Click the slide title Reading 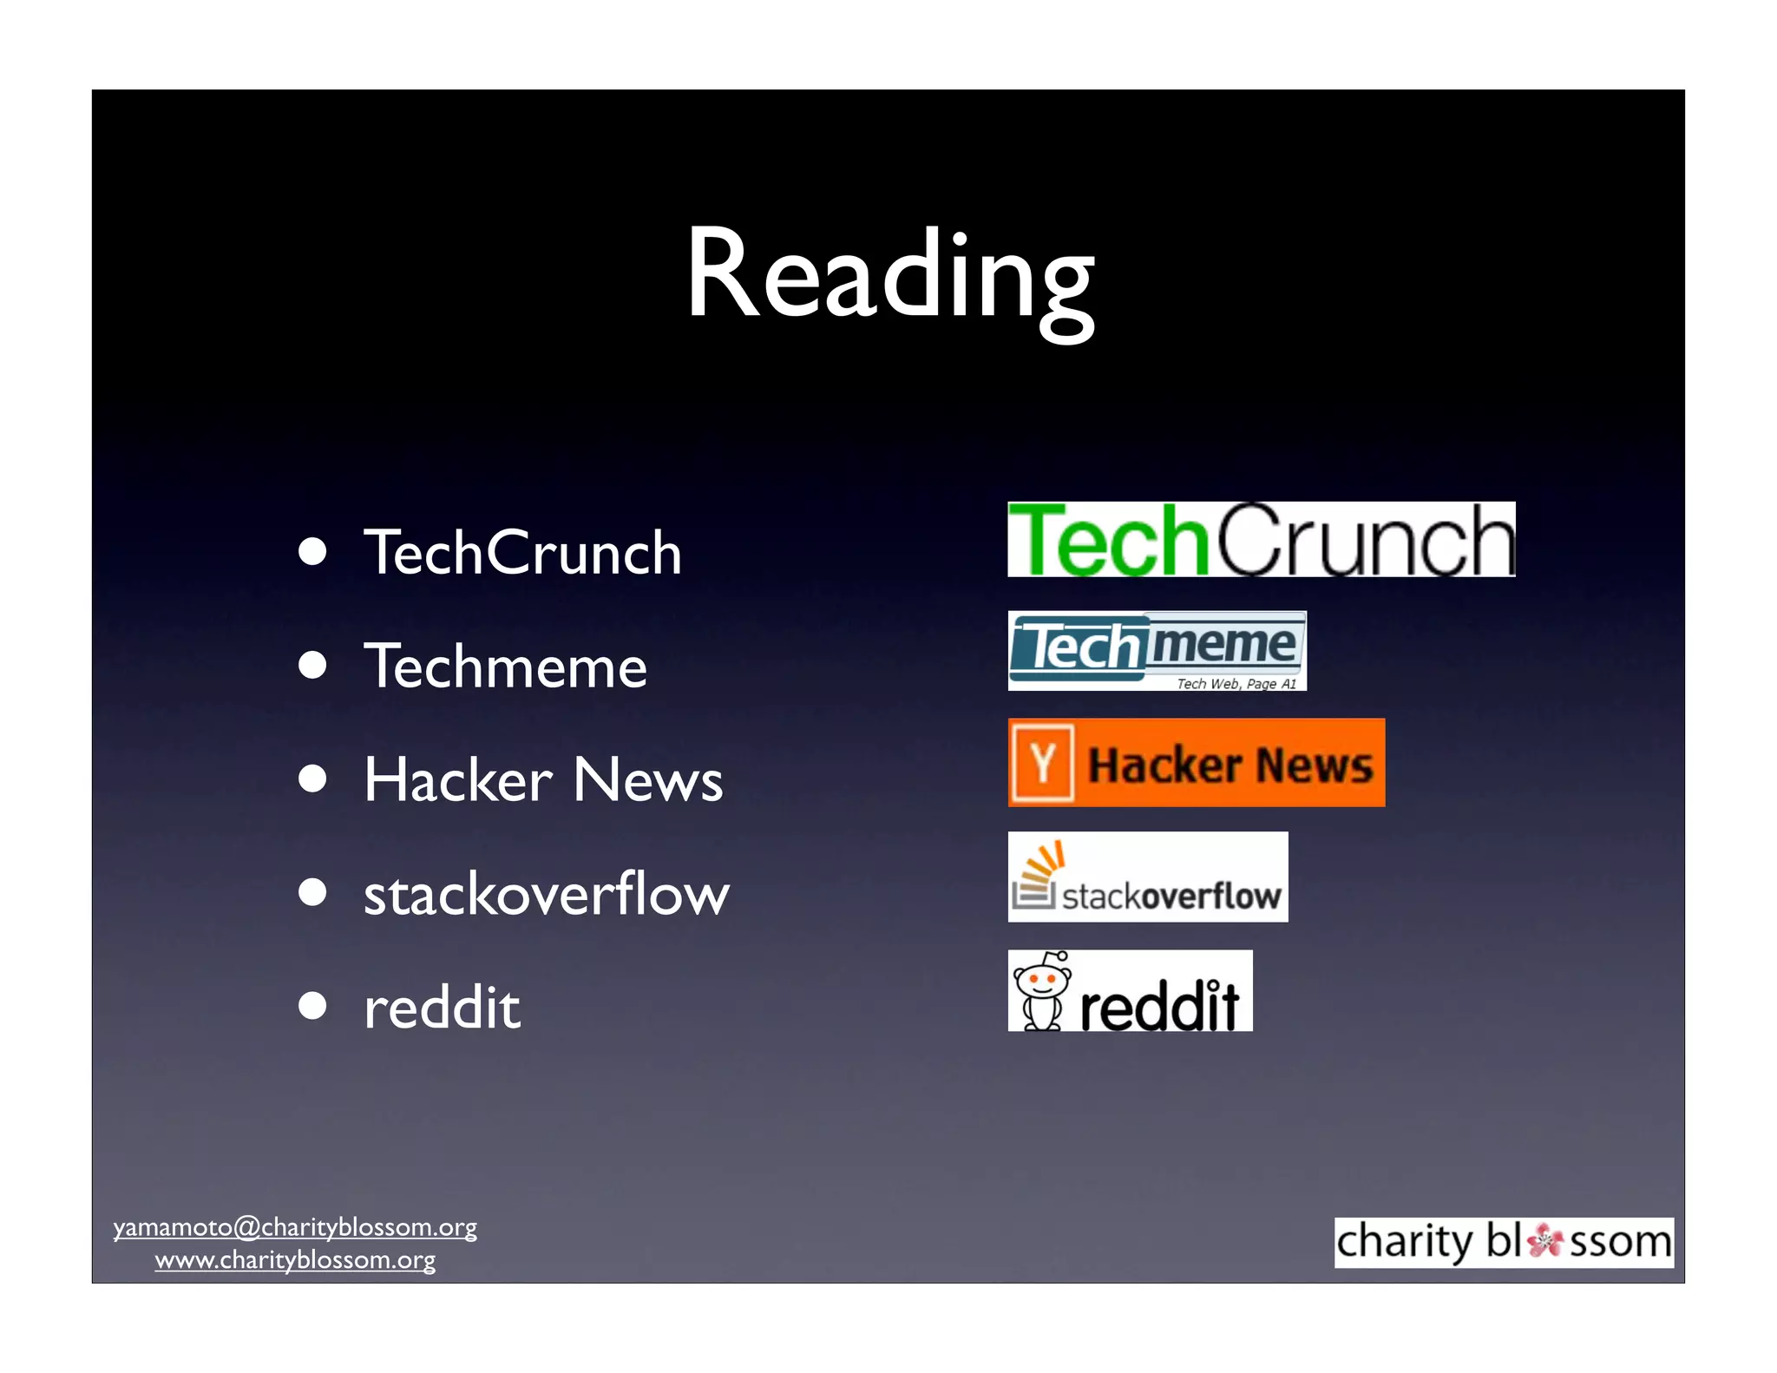tap(889, 278)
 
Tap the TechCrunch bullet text tap(522, 553)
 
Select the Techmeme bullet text tap(505, 667)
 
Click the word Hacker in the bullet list tap(457, 779)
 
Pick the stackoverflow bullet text tap(546, 894)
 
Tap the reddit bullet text tap(442, 1008)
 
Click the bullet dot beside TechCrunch tap(312, 551)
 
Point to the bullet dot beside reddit tap(312, 1006)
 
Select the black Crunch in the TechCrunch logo tap(1365, 540)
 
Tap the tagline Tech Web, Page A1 tap(1236, 684)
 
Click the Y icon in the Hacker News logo tap(1042, 763)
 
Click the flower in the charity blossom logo tap(1544, 1241)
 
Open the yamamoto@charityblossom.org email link tap(295, 1227)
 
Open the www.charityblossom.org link tap(295, 1259)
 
